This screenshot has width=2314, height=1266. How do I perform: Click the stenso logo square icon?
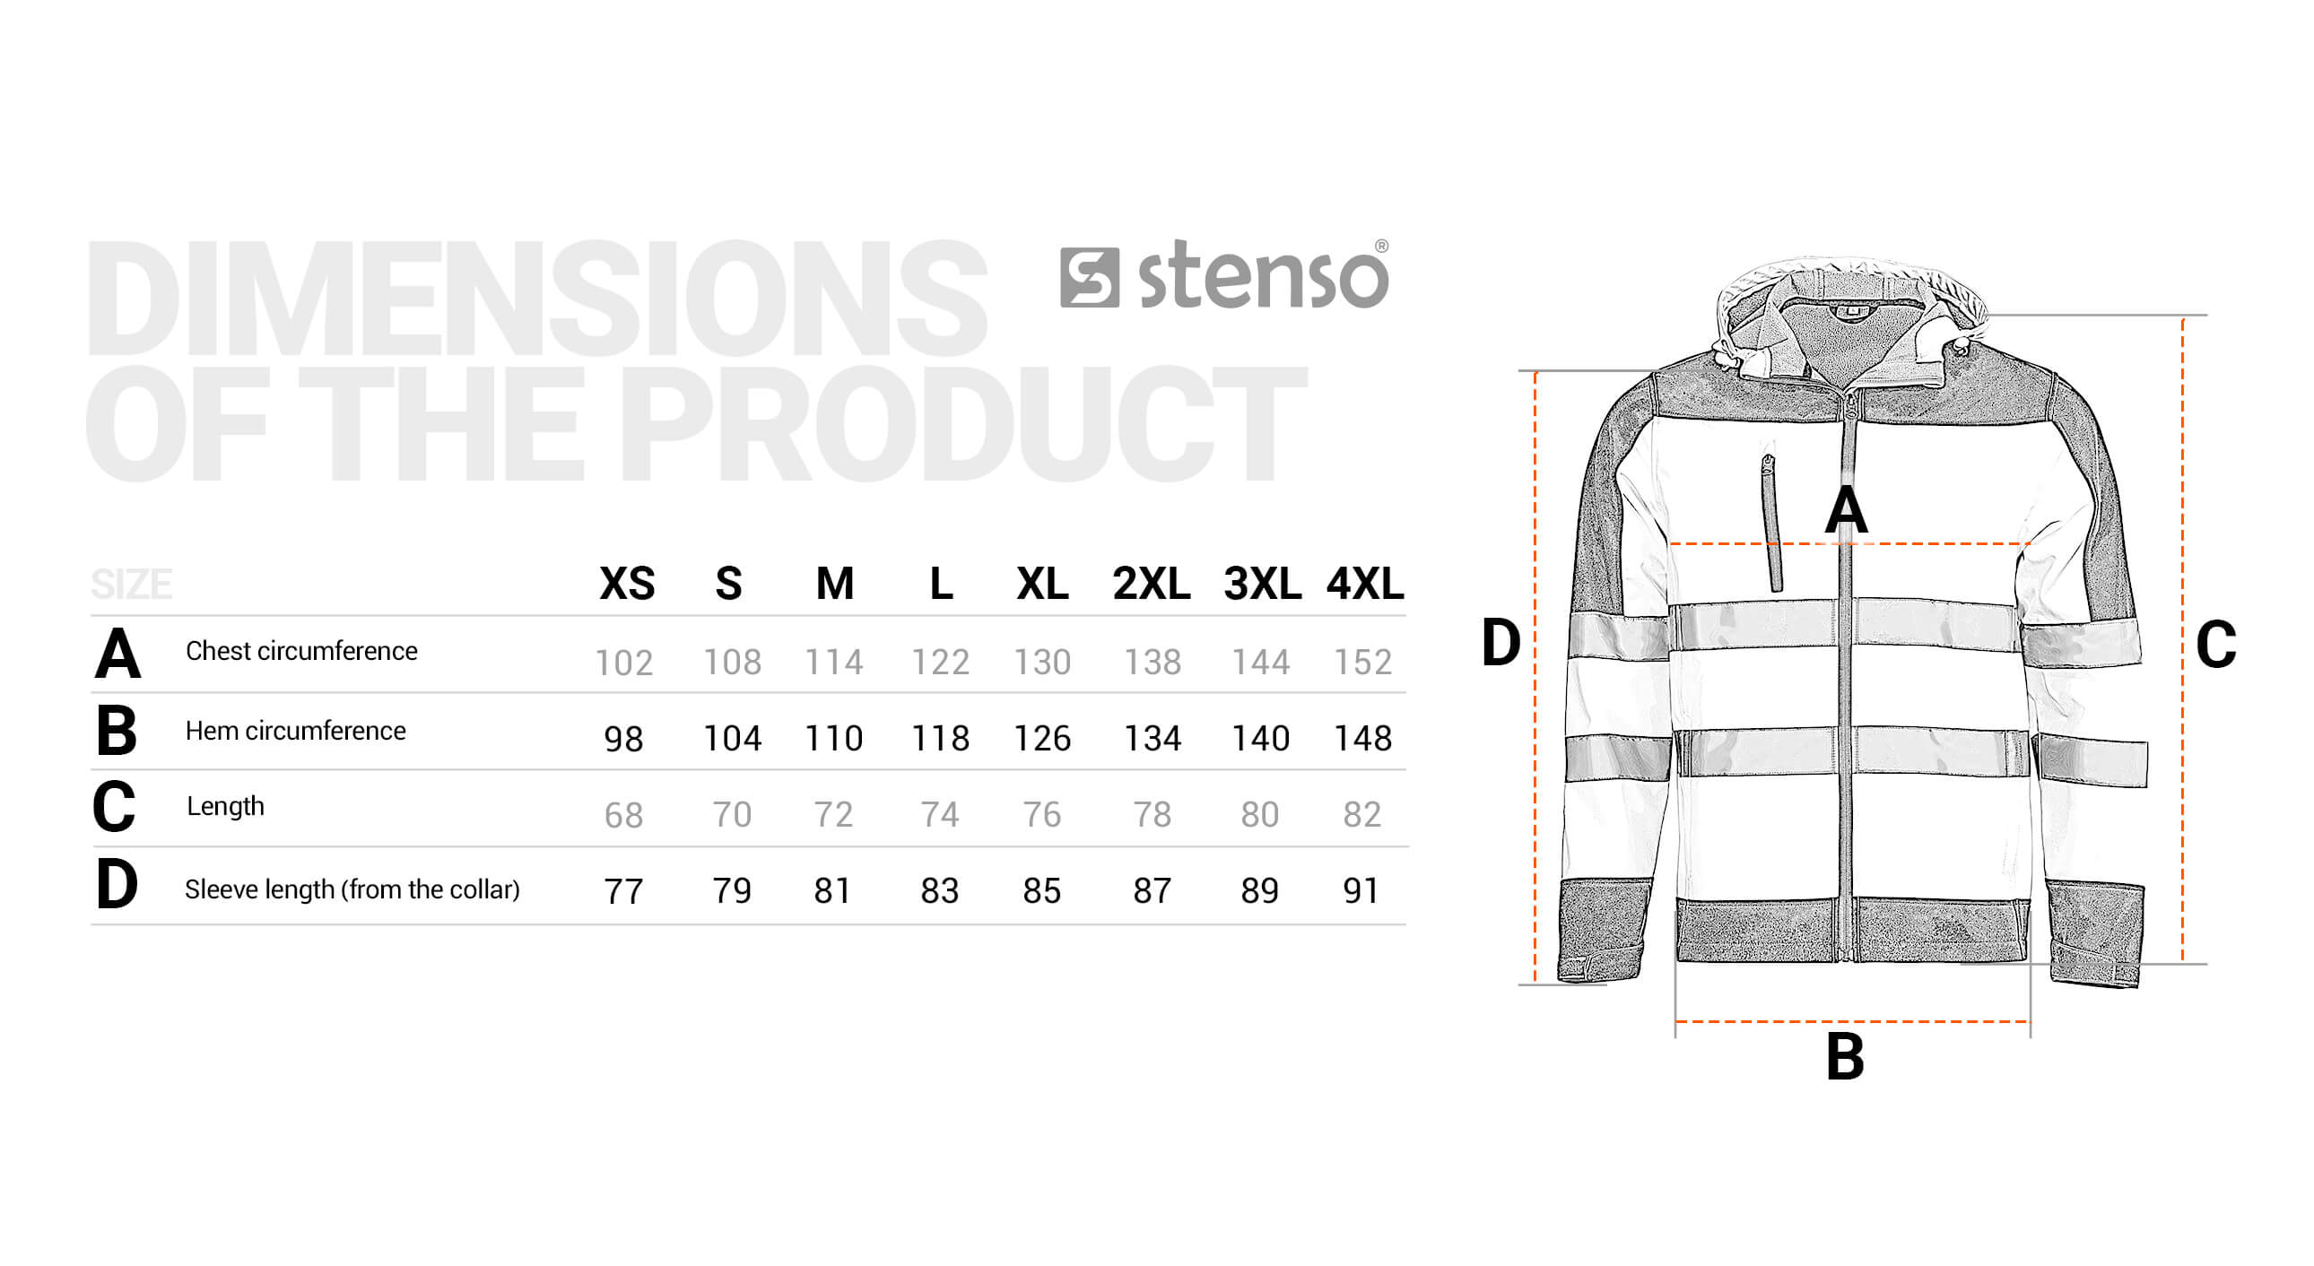tap(1090, 278)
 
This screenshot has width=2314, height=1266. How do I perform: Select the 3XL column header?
tap(1262, 585)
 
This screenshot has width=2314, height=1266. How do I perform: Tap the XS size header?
tap(627, 585)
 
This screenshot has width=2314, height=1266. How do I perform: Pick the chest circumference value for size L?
tap(941, 663)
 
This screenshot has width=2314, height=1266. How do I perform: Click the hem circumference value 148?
tap(1362, 739)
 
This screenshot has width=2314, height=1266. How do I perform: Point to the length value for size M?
tap(832, 815)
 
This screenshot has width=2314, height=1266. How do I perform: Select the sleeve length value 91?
tap(1360, 890)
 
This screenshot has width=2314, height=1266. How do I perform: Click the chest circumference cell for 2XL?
tap(1153, 663)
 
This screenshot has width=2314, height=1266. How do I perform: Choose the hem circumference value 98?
tap(623, 739)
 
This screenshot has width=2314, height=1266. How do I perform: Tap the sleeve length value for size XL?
tap(1042, 890)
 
